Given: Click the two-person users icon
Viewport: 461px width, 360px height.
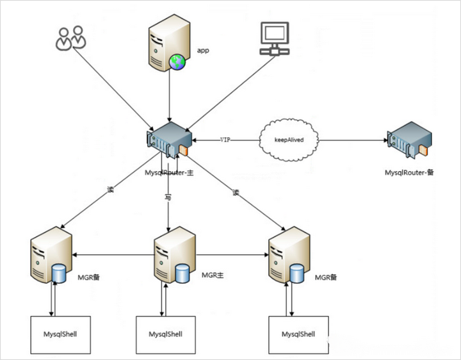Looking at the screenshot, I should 70,38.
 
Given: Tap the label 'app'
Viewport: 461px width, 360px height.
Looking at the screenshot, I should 203,49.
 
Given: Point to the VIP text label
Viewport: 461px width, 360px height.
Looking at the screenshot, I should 225,139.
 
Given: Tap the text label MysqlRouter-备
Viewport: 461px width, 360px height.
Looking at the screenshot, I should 409,172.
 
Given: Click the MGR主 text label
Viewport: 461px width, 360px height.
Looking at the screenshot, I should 212,275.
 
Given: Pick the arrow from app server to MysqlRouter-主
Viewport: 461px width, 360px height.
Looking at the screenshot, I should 168,96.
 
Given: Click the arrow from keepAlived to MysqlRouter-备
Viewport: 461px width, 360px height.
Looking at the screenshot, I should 352,139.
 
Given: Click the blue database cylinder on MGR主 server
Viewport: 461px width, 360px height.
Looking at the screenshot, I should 182,274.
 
